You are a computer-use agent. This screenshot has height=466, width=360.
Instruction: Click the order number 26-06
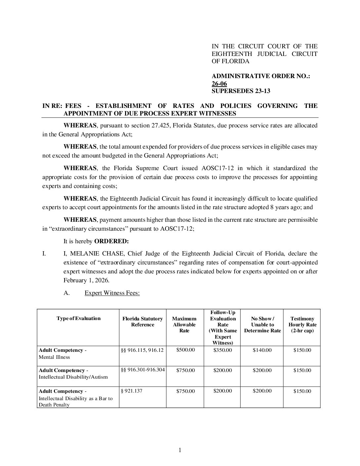219,84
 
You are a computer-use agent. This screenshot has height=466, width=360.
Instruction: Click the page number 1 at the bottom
180,450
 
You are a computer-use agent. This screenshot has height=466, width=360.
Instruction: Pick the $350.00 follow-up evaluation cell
223,350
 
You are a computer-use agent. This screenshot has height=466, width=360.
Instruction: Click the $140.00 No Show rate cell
262,350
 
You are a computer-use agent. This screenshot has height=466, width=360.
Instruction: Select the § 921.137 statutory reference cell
132,391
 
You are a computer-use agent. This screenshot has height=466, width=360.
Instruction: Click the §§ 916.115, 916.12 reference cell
142,350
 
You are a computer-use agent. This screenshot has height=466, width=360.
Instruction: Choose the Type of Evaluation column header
78,318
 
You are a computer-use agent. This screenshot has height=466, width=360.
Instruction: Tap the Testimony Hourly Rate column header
302,325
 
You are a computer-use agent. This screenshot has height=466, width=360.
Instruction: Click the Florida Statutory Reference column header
143,322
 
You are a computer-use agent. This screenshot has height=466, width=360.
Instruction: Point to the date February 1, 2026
86,280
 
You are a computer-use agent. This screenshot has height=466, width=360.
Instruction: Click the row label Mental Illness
54,357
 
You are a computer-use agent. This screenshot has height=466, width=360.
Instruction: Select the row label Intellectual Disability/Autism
73,377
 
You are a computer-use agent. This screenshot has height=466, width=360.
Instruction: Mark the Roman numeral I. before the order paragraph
44,254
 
